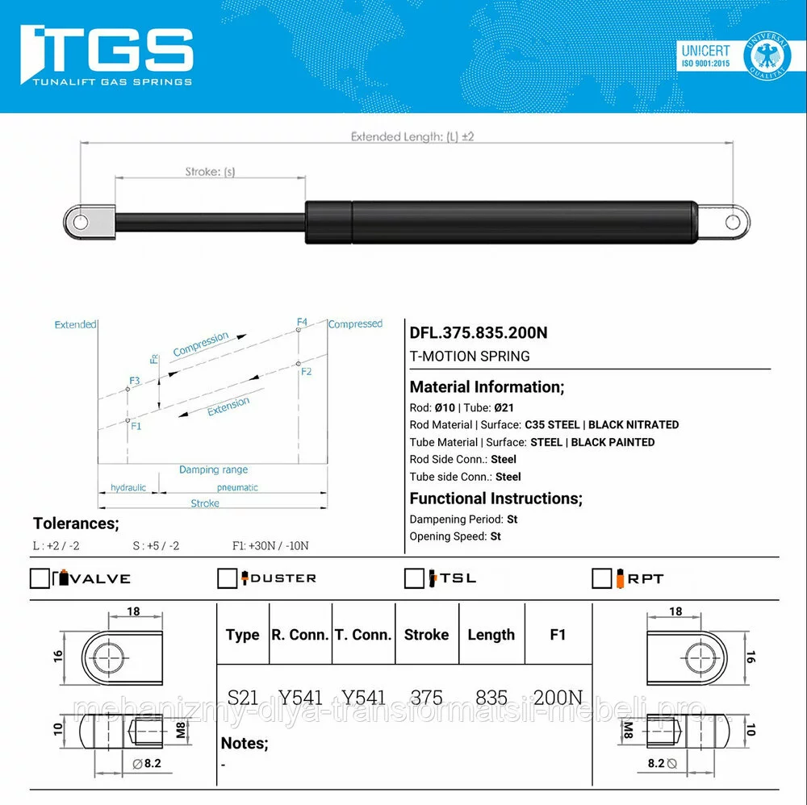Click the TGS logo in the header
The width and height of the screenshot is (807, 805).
pyautogui.click(x=107, y=55)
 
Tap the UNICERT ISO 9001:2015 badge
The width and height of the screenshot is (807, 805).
pyautogui.click(x=733, y=56)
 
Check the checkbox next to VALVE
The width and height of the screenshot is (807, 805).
pyautogui.click(x=40, y=578)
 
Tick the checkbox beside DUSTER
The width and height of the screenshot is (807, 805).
pyautogui.click(x=227, y=578)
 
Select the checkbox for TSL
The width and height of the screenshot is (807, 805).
pyautogui.click(x=414, y=578)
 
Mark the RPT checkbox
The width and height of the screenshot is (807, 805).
pyautogui.click(x=602, y=578)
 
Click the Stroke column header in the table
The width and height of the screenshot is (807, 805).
pyautogui.click(x=426, y=635)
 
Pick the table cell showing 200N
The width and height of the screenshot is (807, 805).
pyautogui.click(x=558, y=698)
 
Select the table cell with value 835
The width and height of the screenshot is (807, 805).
pyautogui.click(x=491, y=698)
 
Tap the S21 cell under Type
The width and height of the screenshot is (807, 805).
pyautogui.click(x=242, y=698)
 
